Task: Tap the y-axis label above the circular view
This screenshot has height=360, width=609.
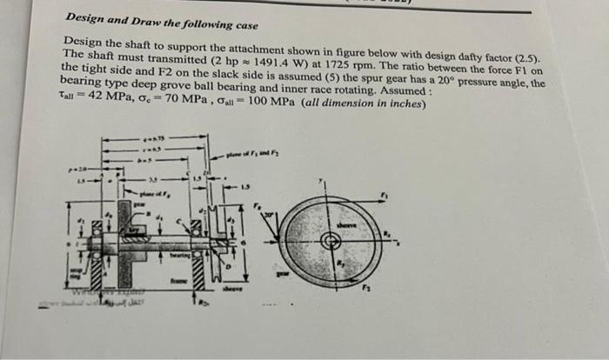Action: click(322, 182)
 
